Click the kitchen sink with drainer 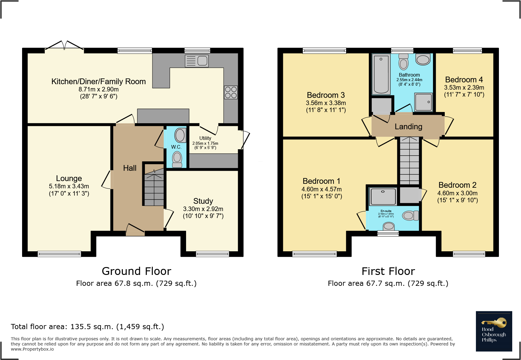coord(197,61)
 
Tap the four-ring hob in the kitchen coord(231,92)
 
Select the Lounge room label coord(69,178)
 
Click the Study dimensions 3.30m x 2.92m coord(203,209)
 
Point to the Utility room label coord(205,138)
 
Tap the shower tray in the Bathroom coord(424,102)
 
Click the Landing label coord(408,127)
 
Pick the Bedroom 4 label coord(464,80)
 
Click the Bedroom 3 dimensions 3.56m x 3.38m coord(326,103)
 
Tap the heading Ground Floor coord(136,271)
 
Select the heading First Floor coord(388,271)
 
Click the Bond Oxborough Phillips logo coord(494,331)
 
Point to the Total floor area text coord(87,327)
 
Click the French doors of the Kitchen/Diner coord(64,47)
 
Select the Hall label coord(129,168)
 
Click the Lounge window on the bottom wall coord(59,254)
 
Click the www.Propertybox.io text coord(32,349)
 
